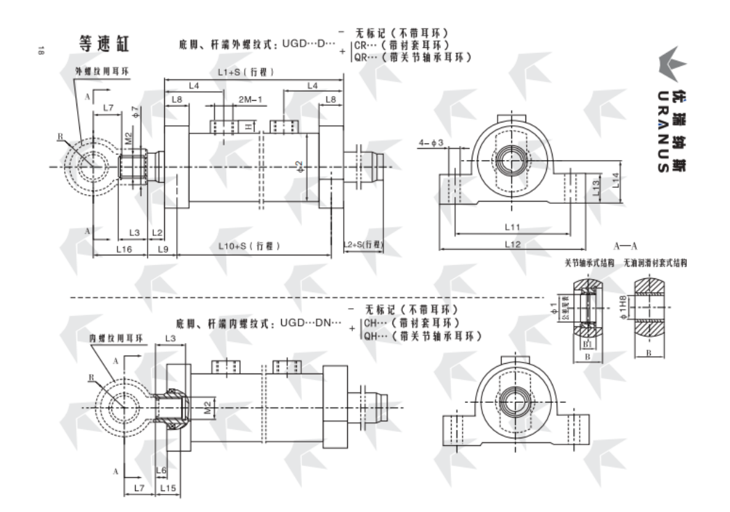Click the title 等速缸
coord(104,45)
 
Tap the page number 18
coord(42,49)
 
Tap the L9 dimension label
coord(163,248)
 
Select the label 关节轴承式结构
coord(589,264)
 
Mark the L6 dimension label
coord(161,470)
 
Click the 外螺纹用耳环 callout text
coord(101,72)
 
